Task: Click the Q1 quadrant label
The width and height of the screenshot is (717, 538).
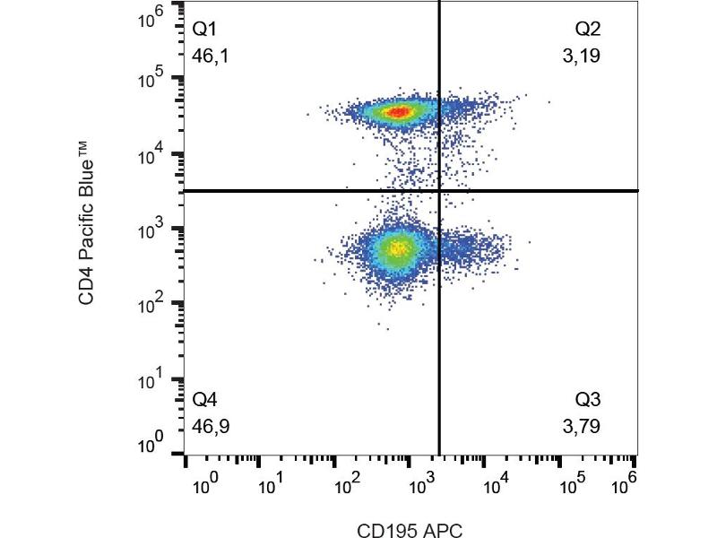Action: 205,30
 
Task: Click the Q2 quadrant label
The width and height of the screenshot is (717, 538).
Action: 588,30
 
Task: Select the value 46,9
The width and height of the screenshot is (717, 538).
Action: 209,426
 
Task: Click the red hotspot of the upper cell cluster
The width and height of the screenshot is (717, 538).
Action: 398,112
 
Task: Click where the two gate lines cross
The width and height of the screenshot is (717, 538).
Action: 439,191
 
